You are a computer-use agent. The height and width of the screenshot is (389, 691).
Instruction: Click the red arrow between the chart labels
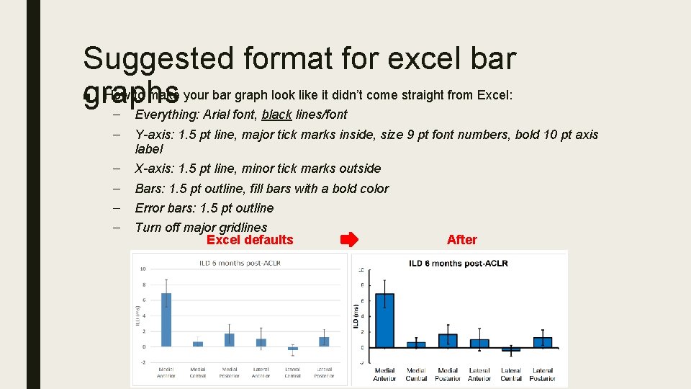pyautogui.click(x=348, y=240)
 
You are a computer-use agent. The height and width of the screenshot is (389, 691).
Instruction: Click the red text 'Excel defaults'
pyautogui.click(x=250, y=240)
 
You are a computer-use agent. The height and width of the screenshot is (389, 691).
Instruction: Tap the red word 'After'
pyautogui.click(x=461, y=240)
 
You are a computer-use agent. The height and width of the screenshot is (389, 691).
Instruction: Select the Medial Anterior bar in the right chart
pyautogui.click(x=384, y=321)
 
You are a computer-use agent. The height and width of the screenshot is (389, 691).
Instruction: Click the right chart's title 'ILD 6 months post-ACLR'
pyautogui.click(x=459, y=263)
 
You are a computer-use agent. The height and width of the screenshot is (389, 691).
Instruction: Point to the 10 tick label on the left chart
pyautogui.click(x=143, y=269)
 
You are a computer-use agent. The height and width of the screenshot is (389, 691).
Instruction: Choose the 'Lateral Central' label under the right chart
pyautogui.click(x=511, y=375)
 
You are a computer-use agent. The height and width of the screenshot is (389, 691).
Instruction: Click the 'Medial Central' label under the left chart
pyautogui.click(x=198, y=372)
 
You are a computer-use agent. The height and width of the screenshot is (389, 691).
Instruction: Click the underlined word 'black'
pyautogui.click(x=277, y=114)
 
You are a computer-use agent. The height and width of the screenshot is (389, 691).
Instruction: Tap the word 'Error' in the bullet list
pyautogui.click(x=151, y=208)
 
